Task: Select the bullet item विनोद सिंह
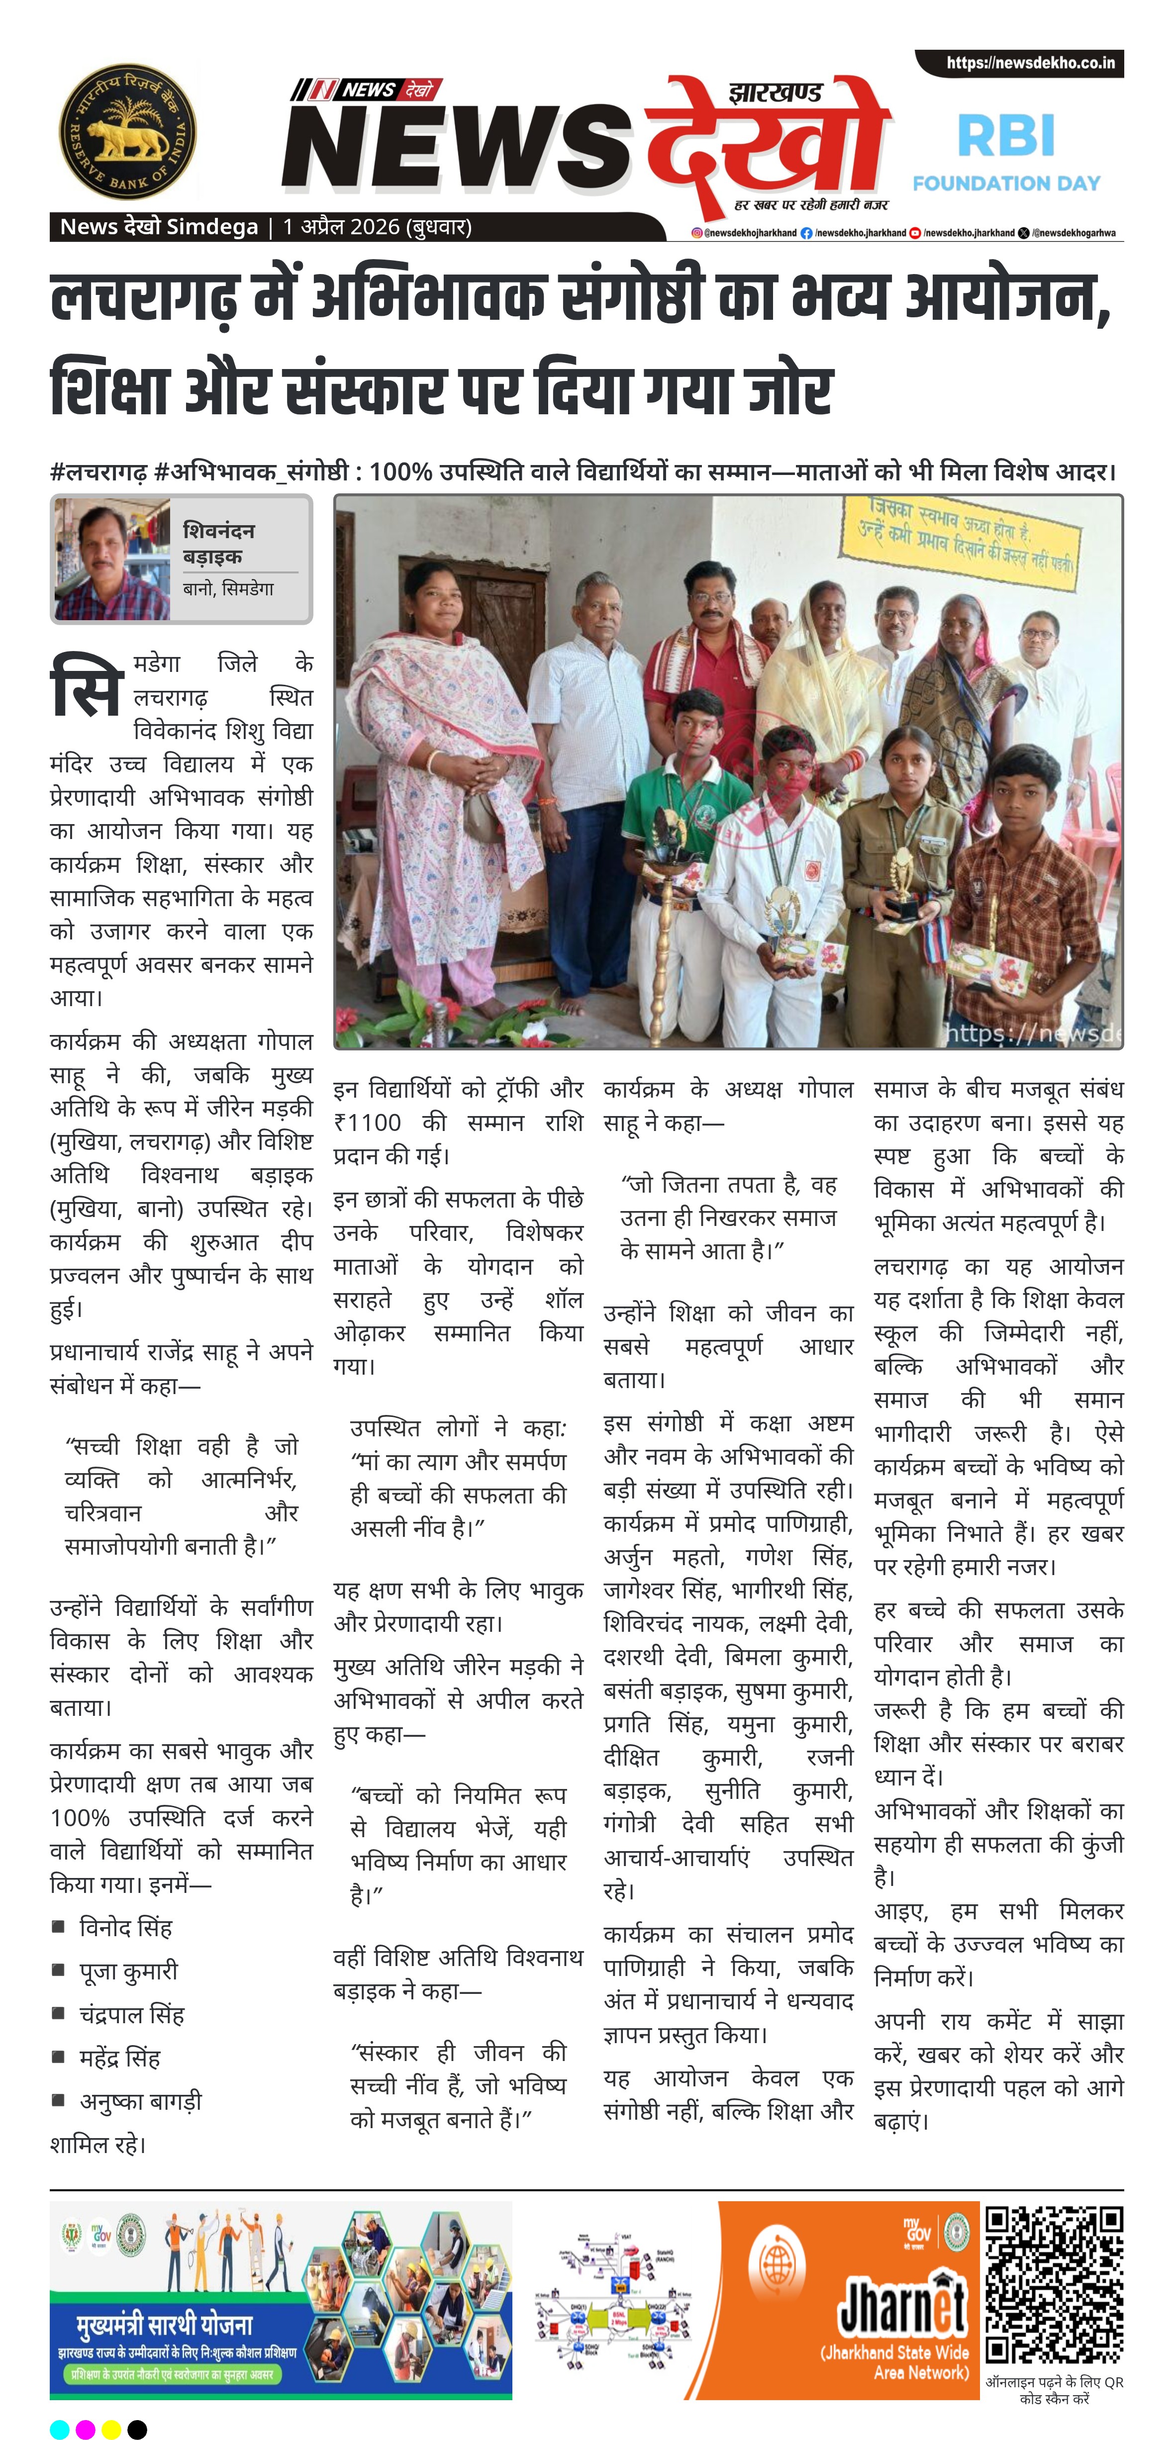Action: pos(126,1928)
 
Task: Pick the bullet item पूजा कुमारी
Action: pos(129,1971)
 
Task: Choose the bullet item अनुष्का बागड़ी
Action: pos(140,2101)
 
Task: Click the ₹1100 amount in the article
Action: pos(368,1123)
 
